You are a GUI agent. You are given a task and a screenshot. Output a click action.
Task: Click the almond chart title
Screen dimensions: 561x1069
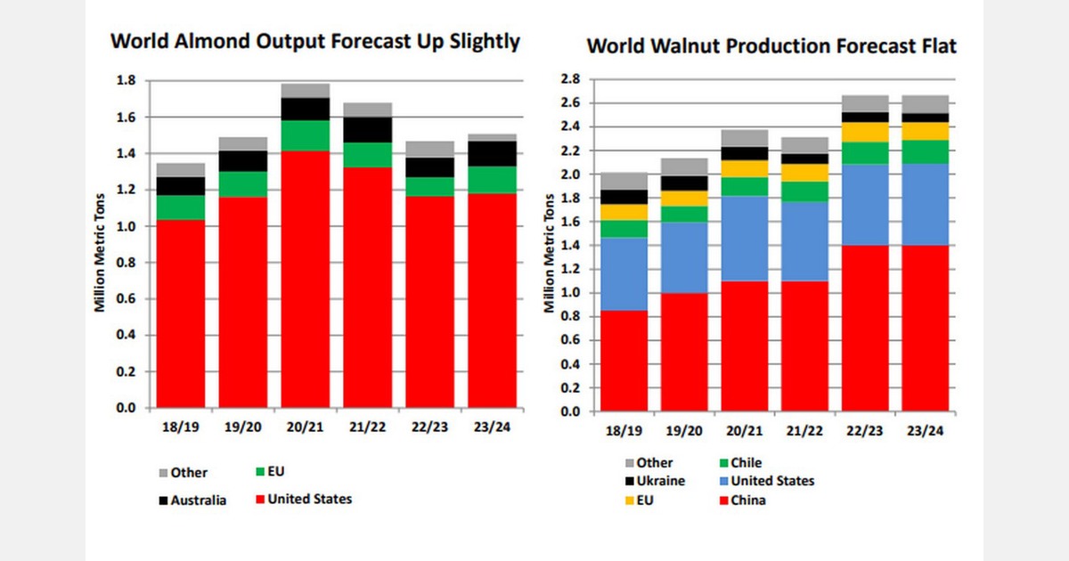coord(314,43)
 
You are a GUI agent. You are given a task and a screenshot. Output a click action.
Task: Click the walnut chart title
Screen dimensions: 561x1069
coord(771,46)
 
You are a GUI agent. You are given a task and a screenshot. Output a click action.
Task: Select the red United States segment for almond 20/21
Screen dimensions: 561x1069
coord(305,276)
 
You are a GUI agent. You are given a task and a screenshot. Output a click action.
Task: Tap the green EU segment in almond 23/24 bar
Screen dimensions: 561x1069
coord(492,179)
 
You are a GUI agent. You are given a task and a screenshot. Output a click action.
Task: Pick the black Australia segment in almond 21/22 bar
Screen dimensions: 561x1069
coord(367,129)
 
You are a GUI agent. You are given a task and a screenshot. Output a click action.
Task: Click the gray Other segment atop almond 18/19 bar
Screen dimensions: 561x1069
coord(180,169)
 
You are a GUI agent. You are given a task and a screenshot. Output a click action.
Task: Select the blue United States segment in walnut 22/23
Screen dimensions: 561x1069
coord(865,205)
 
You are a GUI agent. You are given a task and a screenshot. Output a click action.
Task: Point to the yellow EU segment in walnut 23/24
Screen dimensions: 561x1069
coord(925,131)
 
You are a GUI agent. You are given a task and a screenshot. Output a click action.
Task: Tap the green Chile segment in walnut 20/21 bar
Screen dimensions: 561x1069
coord(744,186)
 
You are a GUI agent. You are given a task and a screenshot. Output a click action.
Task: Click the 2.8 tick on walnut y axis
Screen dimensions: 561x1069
coord(569,79)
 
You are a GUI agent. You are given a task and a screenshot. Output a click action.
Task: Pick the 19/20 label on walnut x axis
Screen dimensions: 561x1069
coord(683,431)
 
